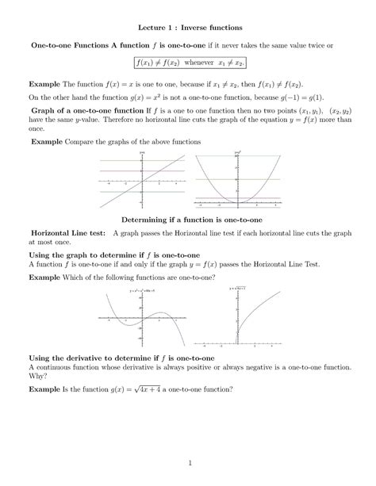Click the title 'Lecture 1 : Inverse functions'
(188, 28)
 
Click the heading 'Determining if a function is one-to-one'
(188, 218)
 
